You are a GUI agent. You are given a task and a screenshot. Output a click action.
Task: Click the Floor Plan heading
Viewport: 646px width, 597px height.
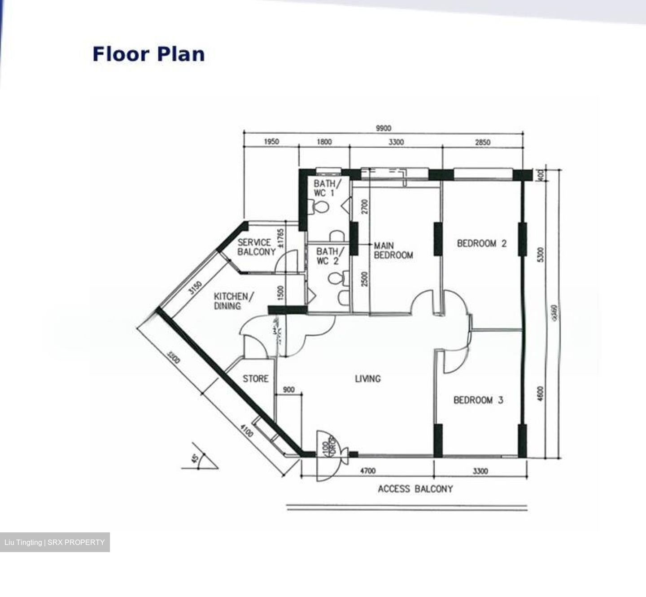pyautogui.click(x=148, y=54)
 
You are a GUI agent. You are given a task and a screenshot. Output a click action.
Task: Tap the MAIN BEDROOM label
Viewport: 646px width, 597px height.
pyautogui.click(x=393, y=250)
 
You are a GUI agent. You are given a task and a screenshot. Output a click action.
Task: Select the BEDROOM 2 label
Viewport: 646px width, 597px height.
pyautogui.click(x=481, y=243)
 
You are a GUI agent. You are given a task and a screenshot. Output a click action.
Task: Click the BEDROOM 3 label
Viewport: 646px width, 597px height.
pyautogui.click(x=478, y=400)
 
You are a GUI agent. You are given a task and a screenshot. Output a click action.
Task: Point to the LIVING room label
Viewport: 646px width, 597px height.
pyautogui.click(x=367, y=378)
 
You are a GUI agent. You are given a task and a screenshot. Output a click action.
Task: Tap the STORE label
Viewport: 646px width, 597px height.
pyautogui.click(x=256, y=378)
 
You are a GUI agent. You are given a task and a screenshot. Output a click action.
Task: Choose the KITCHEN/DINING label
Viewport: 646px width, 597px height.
pyautogui.click(x=233, y=301)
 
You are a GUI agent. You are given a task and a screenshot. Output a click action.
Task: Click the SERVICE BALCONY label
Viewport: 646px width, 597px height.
pyautogui.click(x=256, y=247)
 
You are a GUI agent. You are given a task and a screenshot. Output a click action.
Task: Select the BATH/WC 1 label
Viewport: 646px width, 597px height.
pyautogui.click(x=327, y=188)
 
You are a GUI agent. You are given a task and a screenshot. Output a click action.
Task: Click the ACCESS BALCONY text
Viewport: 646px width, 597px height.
pyautogui.click(x=415, y=489)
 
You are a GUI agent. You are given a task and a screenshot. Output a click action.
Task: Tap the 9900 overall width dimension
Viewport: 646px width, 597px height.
pyautogui.click(x=383, y=129)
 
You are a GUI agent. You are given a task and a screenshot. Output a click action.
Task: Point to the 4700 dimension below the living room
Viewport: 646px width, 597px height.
pyautogui.click(x=368, y=471)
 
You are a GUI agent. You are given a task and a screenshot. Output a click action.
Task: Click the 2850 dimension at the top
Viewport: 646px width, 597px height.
pyautogui.click(x=482, y=142)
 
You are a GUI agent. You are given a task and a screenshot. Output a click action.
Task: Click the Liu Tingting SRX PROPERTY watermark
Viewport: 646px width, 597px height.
pyautogui.click(x=55, y=542)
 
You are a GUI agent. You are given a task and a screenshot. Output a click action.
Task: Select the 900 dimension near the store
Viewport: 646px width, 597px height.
pyautogui.click(x=289, y=390)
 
